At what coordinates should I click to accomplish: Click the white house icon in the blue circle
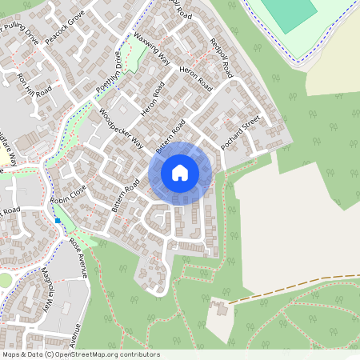[180, 172]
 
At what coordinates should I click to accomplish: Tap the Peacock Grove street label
[66, 30]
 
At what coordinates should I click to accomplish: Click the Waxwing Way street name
[154, 49]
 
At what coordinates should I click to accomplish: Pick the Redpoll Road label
[221, 58]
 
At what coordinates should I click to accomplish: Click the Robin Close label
[67, 193]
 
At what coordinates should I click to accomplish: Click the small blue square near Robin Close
[58, 220]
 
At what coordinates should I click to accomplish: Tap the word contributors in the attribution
[140, 354]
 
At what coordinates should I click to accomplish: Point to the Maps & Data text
[20, 354]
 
